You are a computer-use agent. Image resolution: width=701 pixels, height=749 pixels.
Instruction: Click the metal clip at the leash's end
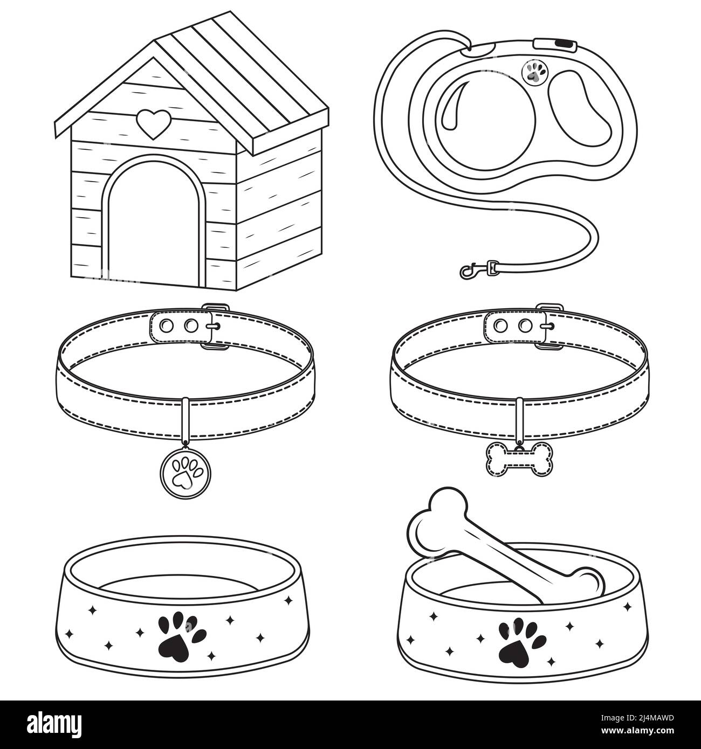(x=475, y=268)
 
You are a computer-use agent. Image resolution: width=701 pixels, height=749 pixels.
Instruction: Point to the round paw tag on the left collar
(x=183, y=469)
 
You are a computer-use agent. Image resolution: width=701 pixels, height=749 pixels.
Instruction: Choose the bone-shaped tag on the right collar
(x=519, y=458)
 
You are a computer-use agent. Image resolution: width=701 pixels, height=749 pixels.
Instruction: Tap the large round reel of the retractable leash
(x=486, y=117)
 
